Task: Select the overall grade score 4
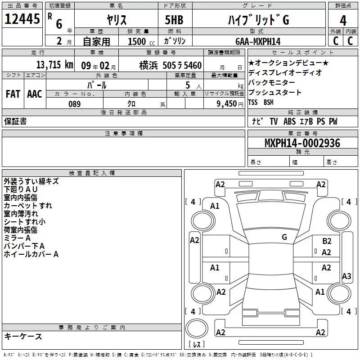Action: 343,21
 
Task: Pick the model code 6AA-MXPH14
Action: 258,41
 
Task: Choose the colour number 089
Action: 74,104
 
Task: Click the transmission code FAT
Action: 13,94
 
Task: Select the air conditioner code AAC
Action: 35,94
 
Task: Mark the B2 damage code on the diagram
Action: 327,241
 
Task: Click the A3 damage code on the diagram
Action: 346,276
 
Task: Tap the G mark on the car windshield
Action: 284,237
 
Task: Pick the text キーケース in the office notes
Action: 23,337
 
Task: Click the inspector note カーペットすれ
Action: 28,206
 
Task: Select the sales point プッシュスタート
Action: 275,93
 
